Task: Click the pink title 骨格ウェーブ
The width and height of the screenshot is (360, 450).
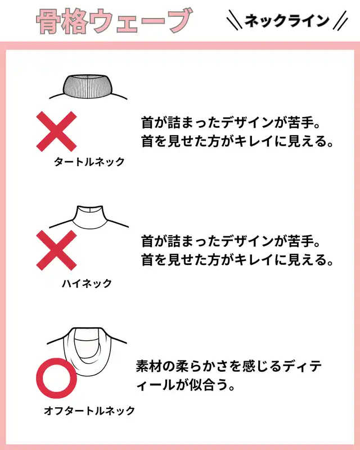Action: coord(114,21)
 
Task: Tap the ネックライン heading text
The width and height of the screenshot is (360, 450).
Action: coord(287,21)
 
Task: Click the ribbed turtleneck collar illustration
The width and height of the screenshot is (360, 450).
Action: coord(88,87)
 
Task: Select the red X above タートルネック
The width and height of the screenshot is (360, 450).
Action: coord(57,132)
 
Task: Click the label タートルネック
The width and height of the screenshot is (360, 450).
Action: coord(89,162)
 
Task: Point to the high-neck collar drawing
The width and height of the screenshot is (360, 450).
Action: coord(89,217)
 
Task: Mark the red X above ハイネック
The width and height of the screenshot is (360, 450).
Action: coord(57,250)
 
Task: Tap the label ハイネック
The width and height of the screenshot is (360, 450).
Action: coord(87,283)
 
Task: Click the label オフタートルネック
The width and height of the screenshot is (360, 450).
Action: coord(89,411)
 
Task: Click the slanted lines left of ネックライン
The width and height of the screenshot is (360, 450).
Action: coord(234,20)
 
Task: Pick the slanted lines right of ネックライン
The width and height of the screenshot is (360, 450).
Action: coord(340,20)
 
